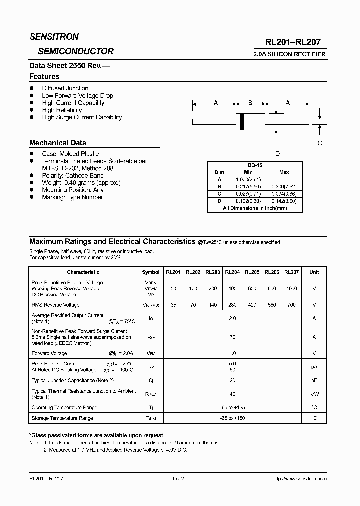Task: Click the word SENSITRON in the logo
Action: point(54,37)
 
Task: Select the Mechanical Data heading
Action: point(58,143)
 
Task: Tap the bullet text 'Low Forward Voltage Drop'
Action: point(77,96)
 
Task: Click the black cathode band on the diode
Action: point(242,121)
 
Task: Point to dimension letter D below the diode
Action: point(277,153)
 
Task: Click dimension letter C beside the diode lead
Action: point(320,143)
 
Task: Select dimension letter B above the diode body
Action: point(250,103)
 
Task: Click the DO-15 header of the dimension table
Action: point(255,165)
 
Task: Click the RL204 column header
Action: point(232,272)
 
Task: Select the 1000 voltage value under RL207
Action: point(291,289)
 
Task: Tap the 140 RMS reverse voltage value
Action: point(213,305)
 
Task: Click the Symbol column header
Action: point(151,272)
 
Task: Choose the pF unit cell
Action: point(314,380)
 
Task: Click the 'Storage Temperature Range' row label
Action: point(62,418)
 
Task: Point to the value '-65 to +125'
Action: point(232,408)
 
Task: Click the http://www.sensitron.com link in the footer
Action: point(299,479)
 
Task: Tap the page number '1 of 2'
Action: point(178,479)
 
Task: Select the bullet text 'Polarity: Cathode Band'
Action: point(73,176)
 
